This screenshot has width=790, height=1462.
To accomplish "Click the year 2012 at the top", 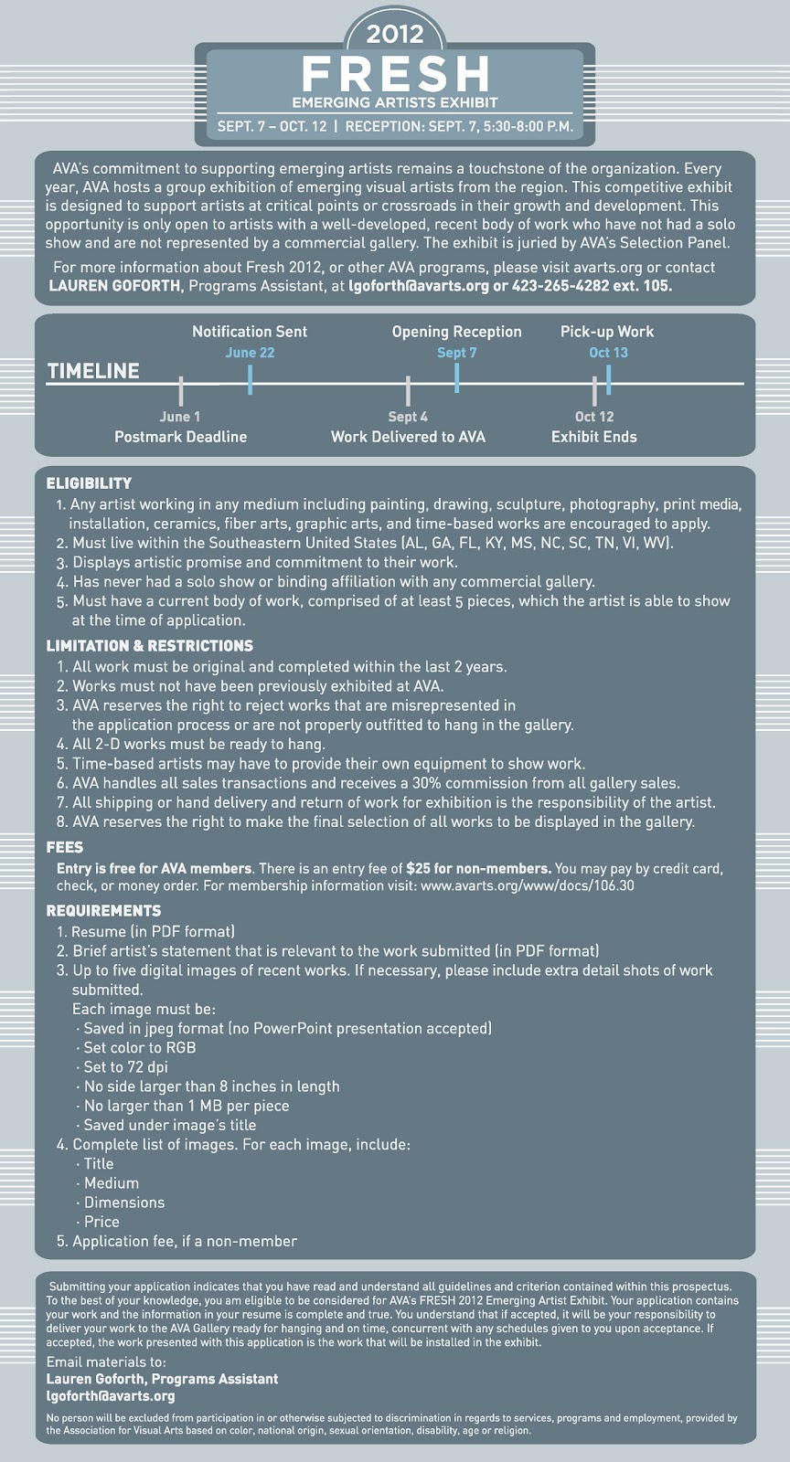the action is pos(394,34).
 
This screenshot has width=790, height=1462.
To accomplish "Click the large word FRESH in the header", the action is pos(396,74).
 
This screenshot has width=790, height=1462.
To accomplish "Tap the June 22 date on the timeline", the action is pos(250,353).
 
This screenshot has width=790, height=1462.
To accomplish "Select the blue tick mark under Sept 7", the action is pos(456,378).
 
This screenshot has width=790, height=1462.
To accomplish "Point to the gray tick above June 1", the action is pos(181,391).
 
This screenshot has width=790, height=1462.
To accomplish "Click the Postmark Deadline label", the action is pos(181,437).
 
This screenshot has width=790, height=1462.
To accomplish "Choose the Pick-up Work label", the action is pos(607,332).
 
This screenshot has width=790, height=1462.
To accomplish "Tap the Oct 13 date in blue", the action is pos(608,353).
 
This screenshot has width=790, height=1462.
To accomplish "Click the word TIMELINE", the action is pos(93,371).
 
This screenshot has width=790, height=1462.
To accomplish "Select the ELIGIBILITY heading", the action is pos(89,483).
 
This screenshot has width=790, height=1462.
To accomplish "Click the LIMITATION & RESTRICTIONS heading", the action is pos(150,645).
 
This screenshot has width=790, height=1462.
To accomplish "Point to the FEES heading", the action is pos(65,847).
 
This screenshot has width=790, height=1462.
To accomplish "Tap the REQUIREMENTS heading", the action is pos(104,910).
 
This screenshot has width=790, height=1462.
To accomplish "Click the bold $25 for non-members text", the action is pos(478,869).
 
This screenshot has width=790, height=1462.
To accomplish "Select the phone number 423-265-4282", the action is pos(560,286).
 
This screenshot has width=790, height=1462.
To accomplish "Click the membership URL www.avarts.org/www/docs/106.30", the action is pos(527,885).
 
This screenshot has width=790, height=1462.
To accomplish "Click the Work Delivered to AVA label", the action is pos(408,437).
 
